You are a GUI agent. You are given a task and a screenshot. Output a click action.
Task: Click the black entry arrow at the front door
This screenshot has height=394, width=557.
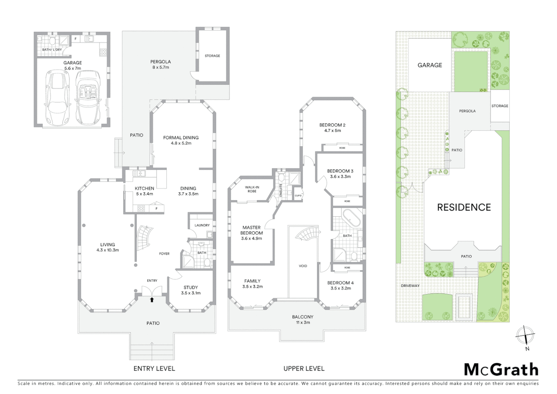point(152,300)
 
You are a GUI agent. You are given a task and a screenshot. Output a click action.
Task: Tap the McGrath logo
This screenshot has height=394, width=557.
point(501,370)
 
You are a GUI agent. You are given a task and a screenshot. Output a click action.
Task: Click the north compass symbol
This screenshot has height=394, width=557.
point(525,335)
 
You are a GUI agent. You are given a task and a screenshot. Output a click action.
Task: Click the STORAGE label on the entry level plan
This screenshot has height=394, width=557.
point(212,56)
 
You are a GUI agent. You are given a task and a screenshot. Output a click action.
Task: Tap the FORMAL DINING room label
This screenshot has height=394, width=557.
point(181,138)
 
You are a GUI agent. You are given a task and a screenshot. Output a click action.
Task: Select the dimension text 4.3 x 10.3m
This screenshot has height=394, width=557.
point(108,250)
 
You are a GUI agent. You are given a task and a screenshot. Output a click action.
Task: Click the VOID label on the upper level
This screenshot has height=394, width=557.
point(303,266)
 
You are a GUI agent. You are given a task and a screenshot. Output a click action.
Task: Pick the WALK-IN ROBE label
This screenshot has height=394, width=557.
point(252,189)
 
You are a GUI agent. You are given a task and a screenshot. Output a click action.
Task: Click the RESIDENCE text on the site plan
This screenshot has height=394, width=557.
point(464,207)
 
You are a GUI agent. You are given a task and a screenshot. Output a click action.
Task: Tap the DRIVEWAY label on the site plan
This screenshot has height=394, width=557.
point(410,286)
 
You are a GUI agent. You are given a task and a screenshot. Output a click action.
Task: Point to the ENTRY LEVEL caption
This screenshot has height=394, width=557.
point(154,368)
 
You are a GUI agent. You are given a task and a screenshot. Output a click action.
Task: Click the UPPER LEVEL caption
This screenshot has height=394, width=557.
point(304,368)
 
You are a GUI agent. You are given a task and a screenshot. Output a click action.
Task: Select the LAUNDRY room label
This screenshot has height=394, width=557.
point(202,225)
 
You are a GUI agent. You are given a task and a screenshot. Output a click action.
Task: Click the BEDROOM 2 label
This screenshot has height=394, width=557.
point(332,125)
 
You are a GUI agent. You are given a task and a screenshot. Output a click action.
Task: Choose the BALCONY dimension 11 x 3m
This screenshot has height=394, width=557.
point(303,322)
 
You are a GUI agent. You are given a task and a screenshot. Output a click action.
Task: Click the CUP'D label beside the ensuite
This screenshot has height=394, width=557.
point(298,196)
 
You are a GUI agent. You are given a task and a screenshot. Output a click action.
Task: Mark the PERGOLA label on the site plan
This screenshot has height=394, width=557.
point(467,111)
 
